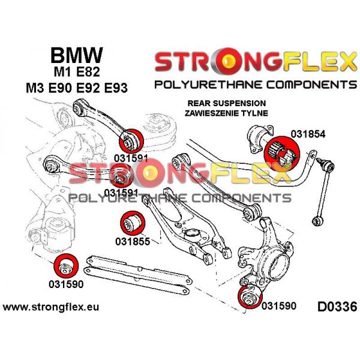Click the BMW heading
pyautogui.click(x=76, y=55)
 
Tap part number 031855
pyautogui.click(x=131, y=242)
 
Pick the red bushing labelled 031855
pyautogui.click(x=131, y=223)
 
